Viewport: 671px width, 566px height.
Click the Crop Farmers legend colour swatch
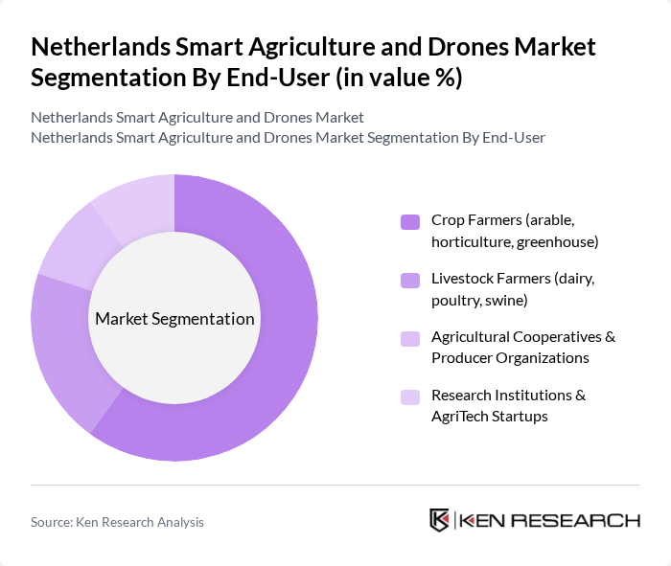point(410,222)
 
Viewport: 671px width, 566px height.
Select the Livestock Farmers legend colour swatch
point(410,281)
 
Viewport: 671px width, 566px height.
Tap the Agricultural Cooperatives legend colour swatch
point(410,338)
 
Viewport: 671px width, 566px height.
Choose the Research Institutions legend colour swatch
point(410,396)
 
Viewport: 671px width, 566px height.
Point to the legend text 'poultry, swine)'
point(479,301)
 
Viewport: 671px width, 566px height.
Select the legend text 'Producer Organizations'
point(510,358)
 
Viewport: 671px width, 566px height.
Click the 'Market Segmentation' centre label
point(174,319)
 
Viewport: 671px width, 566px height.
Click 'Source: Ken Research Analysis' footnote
point(117,522)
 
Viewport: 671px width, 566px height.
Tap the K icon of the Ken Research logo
point(440,520)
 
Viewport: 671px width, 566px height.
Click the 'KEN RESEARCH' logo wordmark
point(549,521)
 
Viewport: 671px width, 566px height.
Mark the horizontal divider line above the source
point(335,485)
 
